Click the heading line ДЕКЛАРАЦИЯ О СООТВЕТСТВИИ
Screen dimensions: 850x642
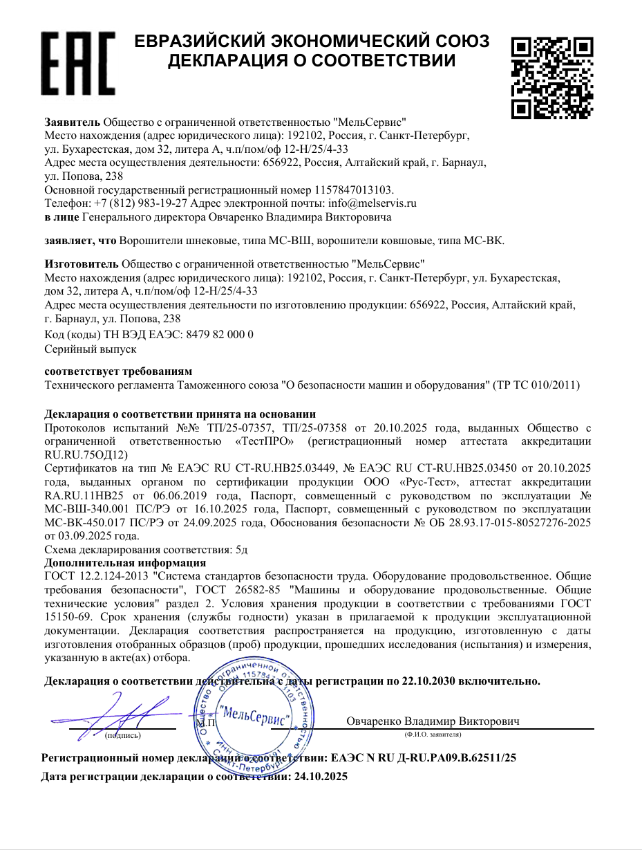[x=312, y=62]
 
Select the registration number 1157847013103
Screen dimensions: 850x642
[x=353, y=190]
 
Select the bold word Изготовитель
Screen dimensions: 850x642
[x=82, y=264]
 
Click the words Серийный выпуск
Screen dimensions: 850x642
[x=91, y=349]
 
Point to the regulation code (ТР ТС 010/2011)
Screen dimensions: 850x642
[x=538, y=385]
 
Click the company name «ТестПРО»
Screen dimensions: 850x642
[x=268, y=441]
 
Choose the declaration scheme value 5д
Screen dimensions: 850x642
[x=241, y=550]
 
